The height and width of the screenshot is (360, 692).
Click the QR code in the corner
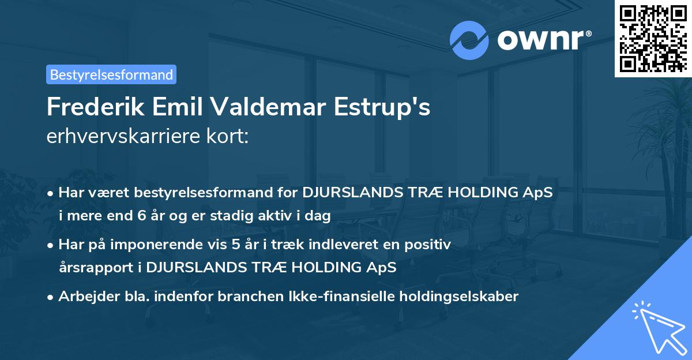tap(653, 38)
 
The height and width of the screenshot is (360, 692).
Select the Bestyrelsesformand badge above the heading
tap(111, 74)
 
